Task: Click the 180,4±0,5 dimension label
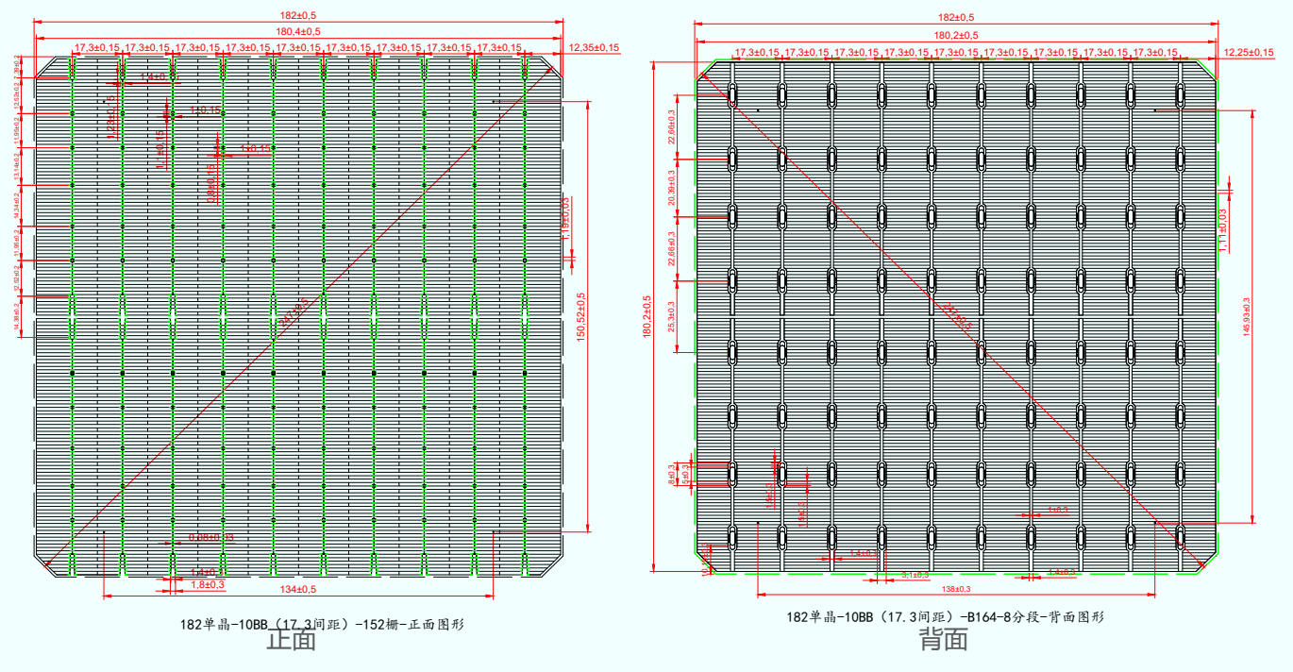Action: pyautogui.click(x=298, y=31)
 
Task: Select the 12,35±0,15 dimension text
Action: pyautogui.click(x=593, y=47)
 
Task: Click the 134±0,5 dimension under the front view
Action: pyautogui.click(x=297, y=590)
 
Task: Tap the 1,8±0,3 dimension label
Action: pyautogui.click(x=208, y=585)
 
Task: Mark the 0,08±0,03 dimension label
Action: pyautogui.click(x=210, y=537)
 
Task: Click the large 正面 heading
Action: pyautogui.click(x=291, y=641)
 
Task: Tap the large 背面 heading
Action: pyautogui.click(x=944, y=641)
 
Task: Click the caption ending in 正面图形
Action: pyautogui.click(x=322, y=624)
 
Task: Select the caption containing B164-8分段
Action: pyautogui.click(x=945, y=617)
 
